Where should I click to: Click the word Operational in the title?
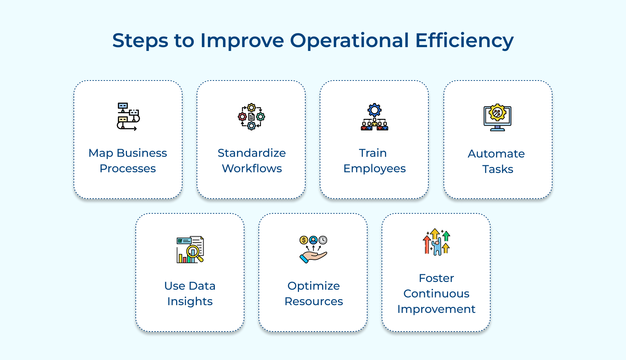[349, 40]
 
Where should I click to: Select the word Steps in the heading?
[140, 40]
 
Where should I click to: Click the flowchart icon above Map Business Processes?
[128, 117]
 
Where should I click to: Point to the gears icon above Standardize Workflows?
[251, 117]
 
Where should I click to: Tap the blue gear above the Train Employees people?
[375, 110]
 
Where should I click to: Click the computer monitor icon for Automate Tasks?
[497, 117]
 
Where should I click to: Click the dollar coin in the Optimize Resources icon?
[304, 240]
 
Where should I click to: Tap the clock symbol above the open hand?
[323, 240]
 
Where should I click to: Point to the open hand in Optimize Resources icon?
[313, 257]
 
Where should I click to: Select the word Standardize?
[251, 153]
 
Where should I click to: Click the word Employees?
[375, 169]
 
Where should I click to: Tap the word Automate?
[496, 154]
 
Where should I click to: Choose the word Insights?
[190, 301]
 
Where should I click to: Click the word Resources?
[314, 301]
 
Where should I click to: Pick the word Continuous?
[436, 294]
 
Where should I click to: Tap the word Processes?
[128, 168]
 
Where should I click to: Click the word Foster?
[436, 278]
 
